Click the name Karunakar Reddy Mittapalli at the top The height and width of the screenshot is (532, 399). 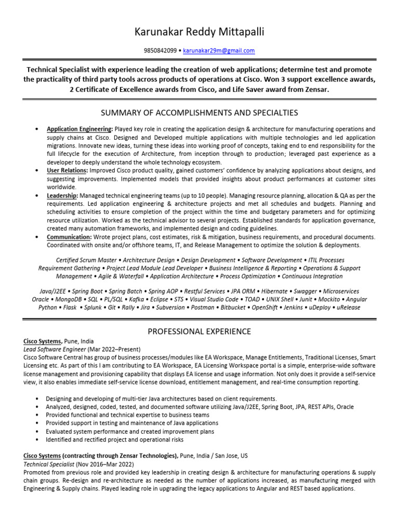pos(199,33)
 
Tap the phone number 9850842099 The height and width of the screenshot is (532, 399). pos(161,51)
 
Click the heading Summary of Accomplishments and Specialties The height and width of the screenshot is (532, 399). pos(199,113)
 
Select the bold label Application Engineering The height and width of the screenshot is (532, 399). pos(79,129)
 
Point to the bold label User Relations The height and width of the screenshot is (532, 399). pos(67,170)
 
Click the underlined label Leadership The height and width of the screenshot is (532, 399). pos(62,195)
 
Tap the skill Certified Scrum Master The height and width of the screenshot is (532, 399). pos(85,260)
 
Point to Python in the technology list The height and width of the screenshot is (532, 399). pos(48,308)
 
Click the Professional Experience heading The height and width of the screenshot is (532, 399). pos(199,331)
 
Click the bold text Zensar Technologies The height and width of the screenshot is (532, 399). pos(150,456)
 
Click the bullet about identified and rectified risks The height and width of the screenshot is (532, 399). pos(114,440)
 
